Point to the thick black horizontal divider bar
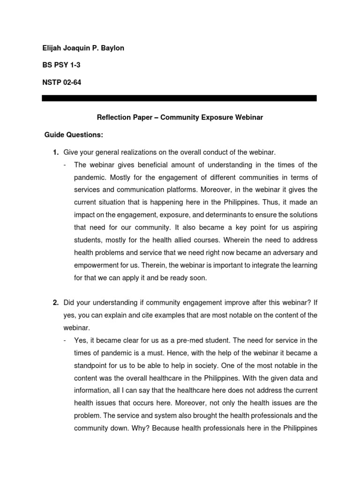[x=179, y=98]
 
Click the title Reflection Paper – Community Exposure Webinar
[x=180, y=118]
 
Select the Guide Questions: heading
[x=74, y=135]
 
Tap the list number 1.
[x=55, y=152]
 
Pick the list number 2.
[x=55, y=302]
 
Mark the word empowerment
[x=97, y=265]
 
